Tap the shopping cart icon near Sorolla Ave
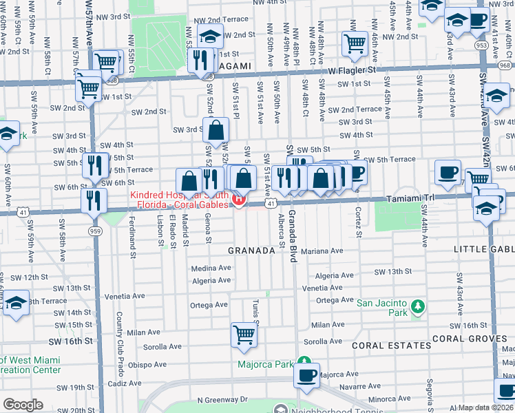point(244,335)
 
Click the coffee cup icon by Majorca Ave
point(306,375)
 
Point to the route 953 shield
point(481,45)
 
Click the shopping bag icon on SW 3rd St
point(216,129)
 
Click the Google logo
point(23,405)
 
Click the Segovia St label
point(430,392)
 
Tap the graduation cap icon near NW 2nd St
point(210,36)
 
